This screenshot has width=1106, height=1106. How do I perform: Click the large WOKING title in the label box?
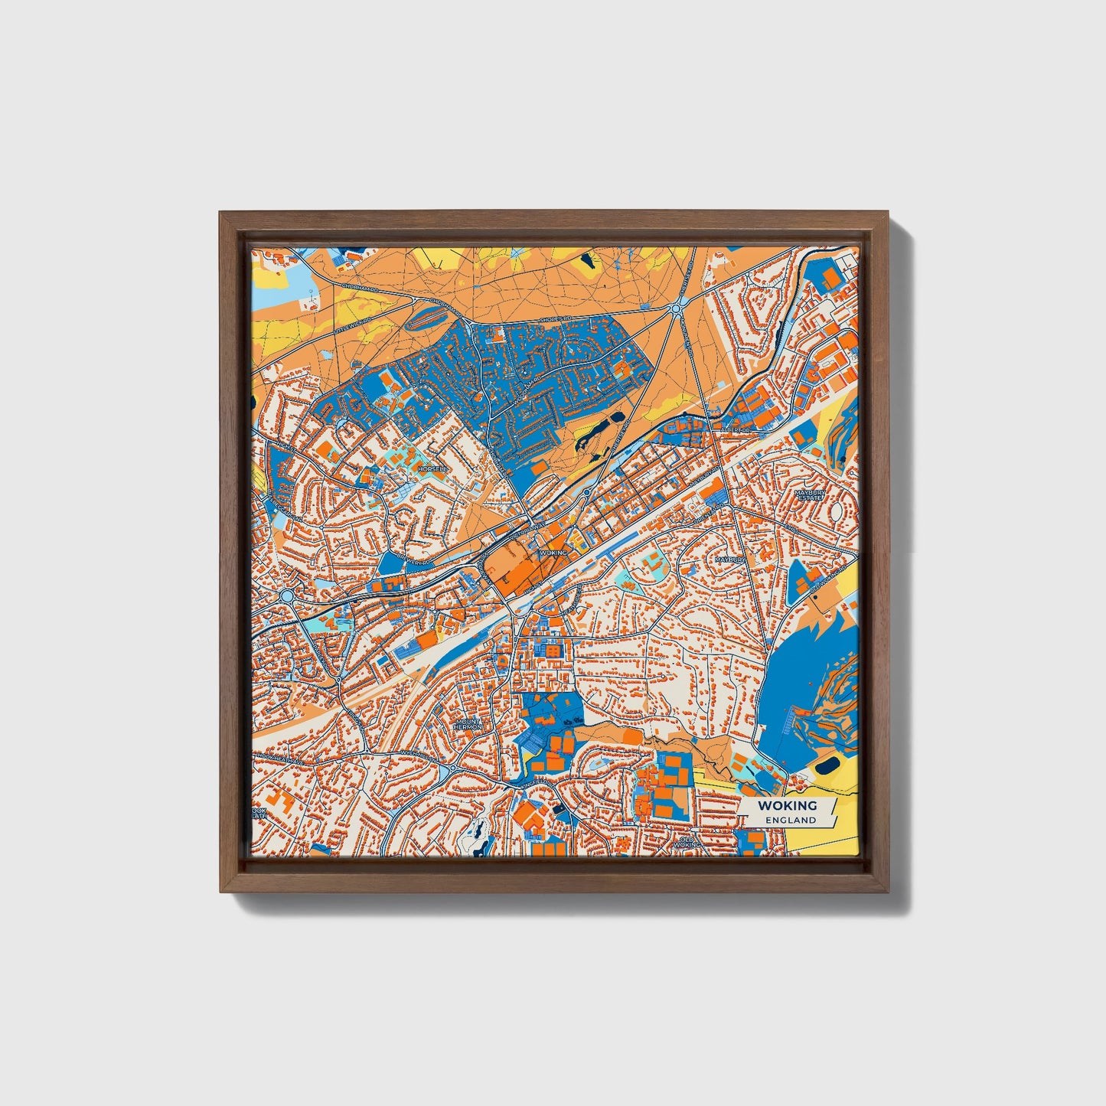coord(787,805)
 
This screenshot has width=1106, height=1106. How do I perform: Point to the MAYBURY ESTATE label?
coord(809,494)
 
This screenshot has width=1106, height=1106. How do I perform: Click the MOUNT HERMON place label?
coord(468,723)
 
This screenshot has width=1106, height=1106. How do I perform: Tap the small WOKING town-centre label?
coord(553,552)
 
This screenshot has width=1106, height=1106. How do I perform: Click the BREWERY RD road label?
coord(419,563)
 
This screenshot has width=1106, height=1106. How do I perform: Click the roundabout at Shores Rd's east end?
coord(676,308)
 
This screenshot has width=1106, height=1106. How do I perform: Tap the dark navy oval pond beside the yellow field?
coord(827,765)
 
